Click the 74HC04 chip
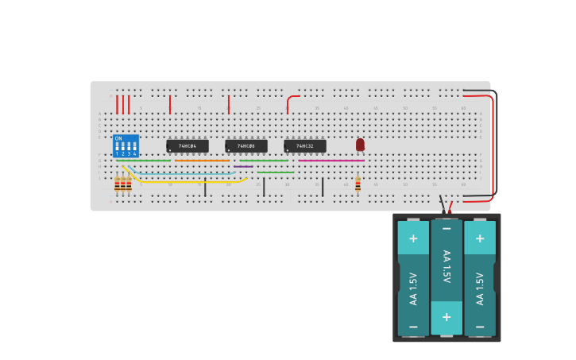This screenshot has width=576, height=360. tap(187, 146)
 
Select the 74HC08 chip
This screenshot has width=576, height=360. tap(246, 146)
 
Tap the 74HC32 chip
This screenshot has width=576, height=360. tap(305, 146)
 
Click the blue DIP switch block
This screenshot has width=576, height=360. tap(126, 145)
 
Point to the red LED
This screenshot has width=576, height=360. tap(360, 144)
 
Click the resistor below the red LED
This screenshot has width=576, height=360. tap(358, 184)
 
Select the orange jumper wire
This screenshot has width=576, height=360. tap(202, 161)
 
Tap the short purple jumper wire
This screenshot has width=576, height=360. tap(243, 166)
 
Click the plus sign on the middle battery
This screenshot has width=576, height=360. tap(446, 316)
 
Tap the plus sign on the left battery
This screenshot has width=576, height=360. tap(413, 238)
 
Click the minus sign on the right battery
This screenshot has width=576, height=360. tap(480, 327)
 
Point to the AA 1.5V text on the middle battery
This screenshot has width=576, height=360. tap(446, 266)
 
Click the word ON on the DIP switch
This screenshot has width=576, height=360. tap(118, 138)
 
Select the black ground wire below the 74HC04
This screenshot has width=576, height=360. tap(205, 188)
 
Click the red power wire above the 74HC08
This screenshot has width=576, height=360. tap(229, 104)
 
